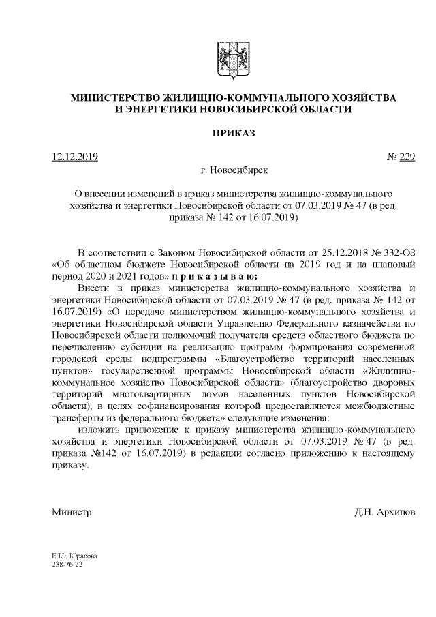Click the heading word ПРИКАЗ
234,133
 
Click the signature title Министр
72,511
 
